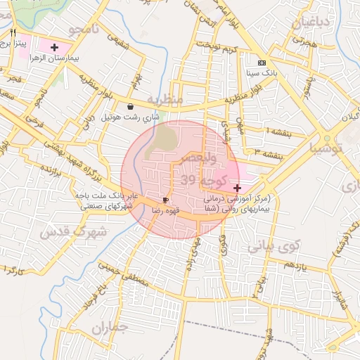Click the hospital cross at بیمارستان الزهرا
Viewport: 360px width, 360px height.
pos(54,47)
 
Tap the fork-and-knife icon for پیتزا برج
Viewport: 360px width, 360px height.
pos(13,33)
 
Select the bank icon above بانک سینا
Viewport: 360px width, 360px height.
pos(262,63)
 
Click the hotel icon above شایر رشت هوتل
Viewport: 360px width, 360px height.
pos(131,107)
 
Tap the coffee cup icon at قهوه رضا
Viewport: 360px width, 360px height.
pos(166,200)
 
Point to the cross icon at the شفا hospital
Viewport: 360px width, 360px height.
pos(237,188)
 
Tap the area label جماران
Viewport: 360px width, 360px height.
pos(111,328)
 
